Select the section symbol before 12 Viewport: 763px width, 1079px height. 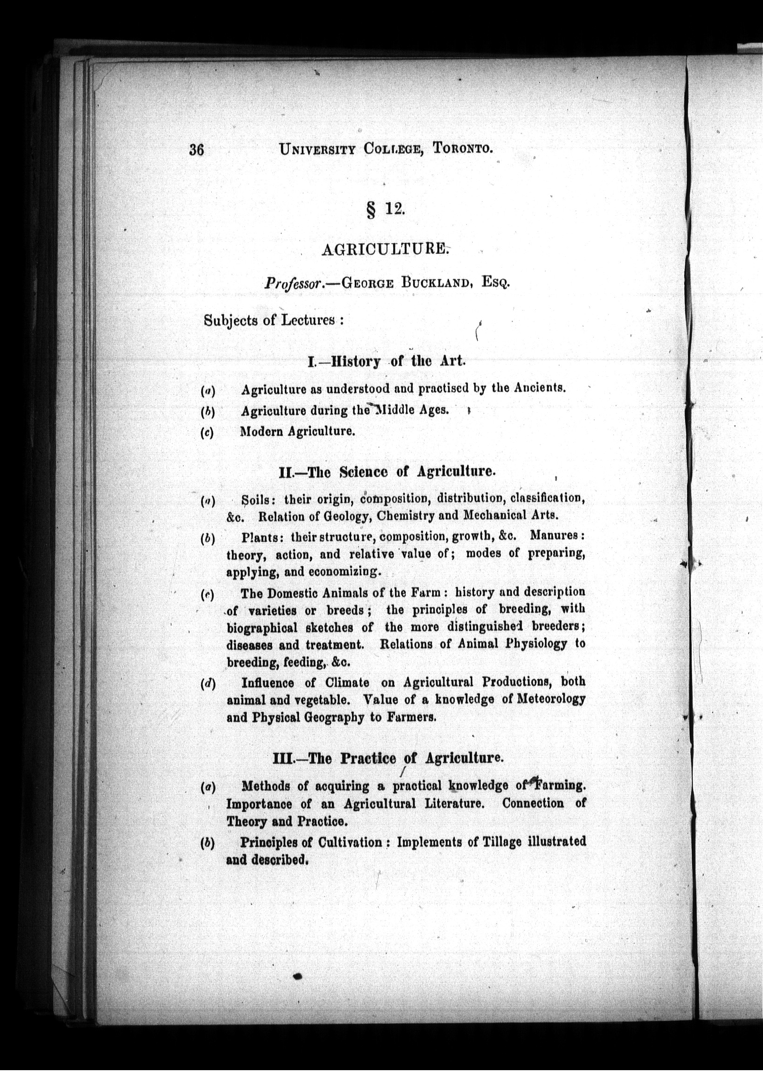370,210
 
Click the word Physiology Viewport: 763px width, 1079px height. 535,644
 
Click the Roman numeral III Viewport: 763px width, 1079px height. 282,759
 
